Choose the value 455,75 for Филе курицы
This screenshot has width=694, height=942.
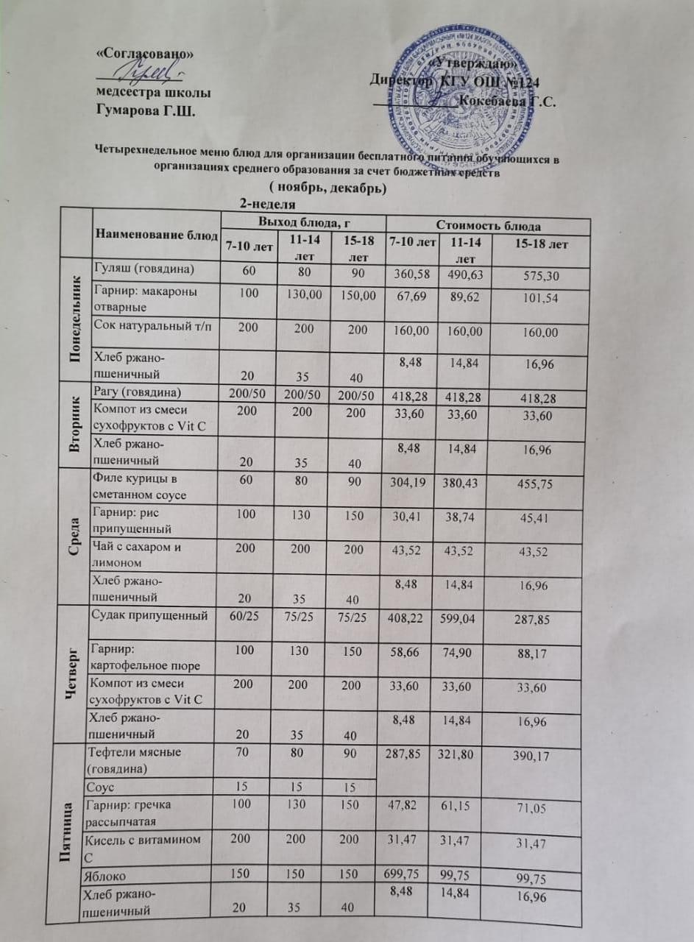[x=532, y=485]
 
